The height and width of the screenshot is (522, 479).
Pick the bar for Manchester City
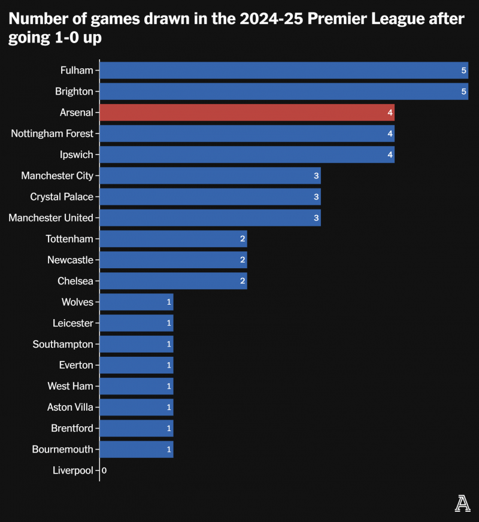click(x=210, y=175)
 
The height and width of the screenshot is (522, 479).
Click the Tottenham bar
click(x=173, y=239)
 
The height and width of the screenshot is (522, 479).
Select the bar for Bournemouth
click(x=136, y=449)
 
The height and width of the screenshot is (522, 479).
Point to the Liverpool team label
click(x=73, y=471)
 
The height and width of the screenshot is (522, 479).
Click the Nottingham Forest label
click(x=52, y=133)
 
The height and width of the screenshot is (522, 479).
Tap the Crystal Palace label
click(x=62, y=197)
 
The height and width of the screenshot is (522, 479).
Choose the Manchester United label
click(x=51, y=218)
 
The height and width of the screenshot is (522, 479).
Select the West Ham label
click(x=70, y=386)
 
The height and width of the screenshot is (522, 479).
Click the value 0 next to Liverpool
click(x=104, y=471)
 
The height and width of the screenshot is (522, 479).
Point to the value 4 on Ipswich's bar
click(x=390, y=155)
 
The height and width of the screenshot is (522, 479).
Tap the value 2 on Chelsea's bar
click(x=242, y=281)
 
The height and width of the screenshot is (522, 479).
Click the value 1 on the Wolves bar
click(x=169, y=302)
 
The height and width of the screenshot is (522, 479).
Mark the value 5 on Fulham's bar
click(x=463, y=71)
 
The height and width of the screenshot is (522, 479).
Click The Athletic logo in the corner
click(x=462, y=504)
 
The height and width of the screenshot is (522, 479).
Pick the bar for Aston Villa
click(x=136, y=407)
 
